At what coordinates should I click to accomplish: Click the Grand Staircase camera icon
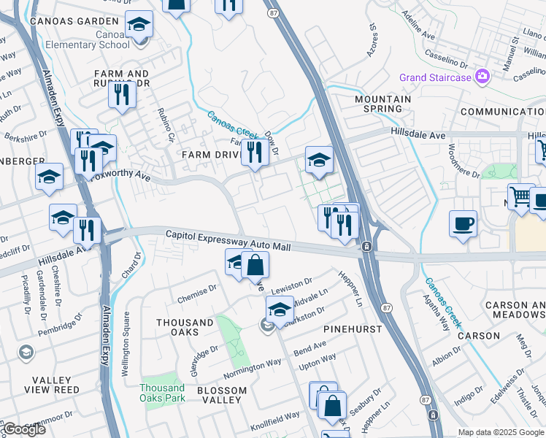point(482,77)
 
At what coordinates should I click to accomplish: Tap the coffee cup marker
point(463,223)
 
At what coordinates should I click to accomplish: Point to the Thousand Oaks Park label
point(162,393)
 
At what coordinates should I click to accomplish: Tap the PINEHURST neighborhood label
point(353,329)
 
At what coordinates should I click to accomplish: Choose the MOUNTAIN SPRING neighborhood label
point(382,104)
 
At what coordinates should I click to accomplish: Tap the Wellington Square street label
point(125,343)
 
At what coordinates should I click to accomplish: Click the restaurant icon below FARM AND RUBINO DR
point(121,95)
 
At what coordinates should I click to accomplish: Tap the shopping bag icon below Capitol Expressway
point(255,265)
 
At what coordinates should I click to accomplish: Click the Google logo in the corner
point(24,429)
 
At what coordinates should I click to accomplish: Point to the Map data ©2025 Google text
point(501,433)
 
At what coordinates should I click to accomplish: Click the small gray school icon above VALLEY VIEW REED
point(26,353)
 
